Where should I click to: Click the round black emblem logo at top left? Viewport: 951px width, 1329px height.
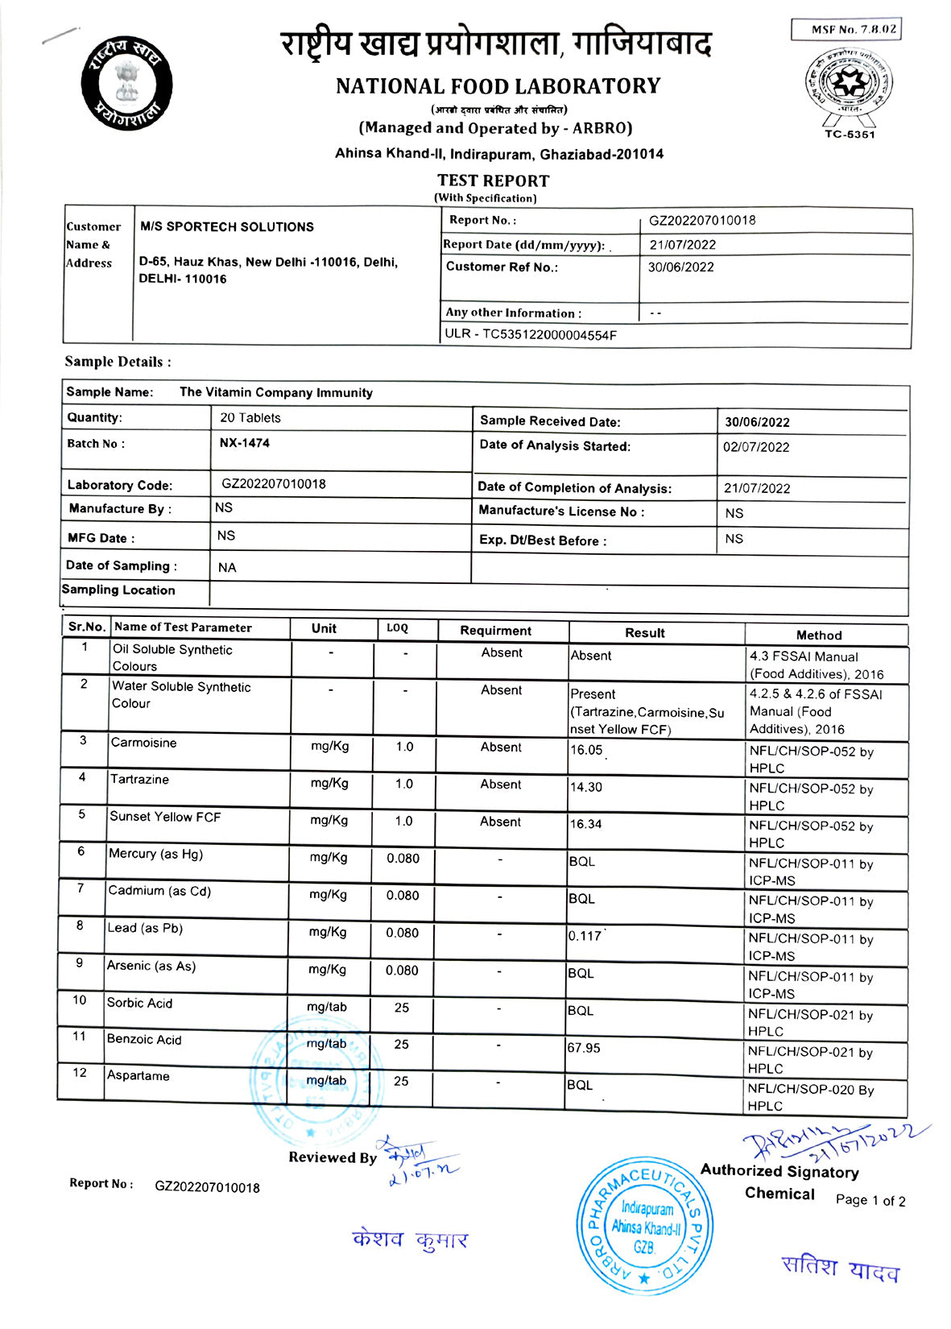tap(126, 82)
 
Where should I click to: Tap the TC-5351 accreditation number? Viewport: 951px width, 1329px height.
tap(850, 135)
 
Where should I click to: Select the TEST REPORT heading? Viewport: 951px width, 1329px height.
tap(493, 181)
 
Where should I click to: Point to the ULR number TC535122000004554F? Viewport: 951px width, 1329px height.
tap(531, 334)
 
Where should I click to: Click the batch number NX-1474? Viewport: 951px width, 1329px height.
tap(245, 443)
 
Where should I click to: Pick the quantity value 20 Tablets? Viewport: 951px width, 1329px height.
tap(250, 418)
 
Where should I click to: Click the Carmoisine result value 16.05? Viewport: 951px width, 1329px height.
tap(586, 750)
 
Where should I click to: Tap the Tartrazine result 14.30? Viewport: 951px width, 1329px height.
tap(586, 787)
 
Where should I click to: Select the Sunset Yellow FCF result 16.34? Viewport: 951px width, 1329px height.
tap(586, 824)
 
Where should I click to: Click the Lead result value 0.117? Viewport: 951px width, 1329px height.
tap(585, 936)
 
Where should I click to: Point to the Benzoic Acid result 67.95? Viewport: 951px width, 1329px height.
tap(584, 1048)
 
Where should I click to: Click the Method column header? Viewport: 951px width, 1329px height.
tap(819, 635)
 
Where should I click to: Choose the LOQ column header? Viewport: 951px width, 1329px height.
tap(397, 628)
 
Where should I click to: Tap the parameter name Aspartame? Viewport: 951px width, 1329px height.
tap(139, 1076)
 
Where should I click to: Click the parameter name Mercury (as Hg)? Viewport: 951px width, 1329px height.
tap(156, 854)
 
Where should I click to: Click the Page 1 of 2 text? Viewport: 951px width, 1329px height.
tap(870, 1201)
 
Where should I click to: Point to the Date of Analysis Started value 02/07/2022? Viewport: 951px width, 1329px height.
tap(756, 447)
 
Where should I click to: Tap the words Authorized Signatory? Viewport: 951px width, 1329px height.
tap(779, 1172)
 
